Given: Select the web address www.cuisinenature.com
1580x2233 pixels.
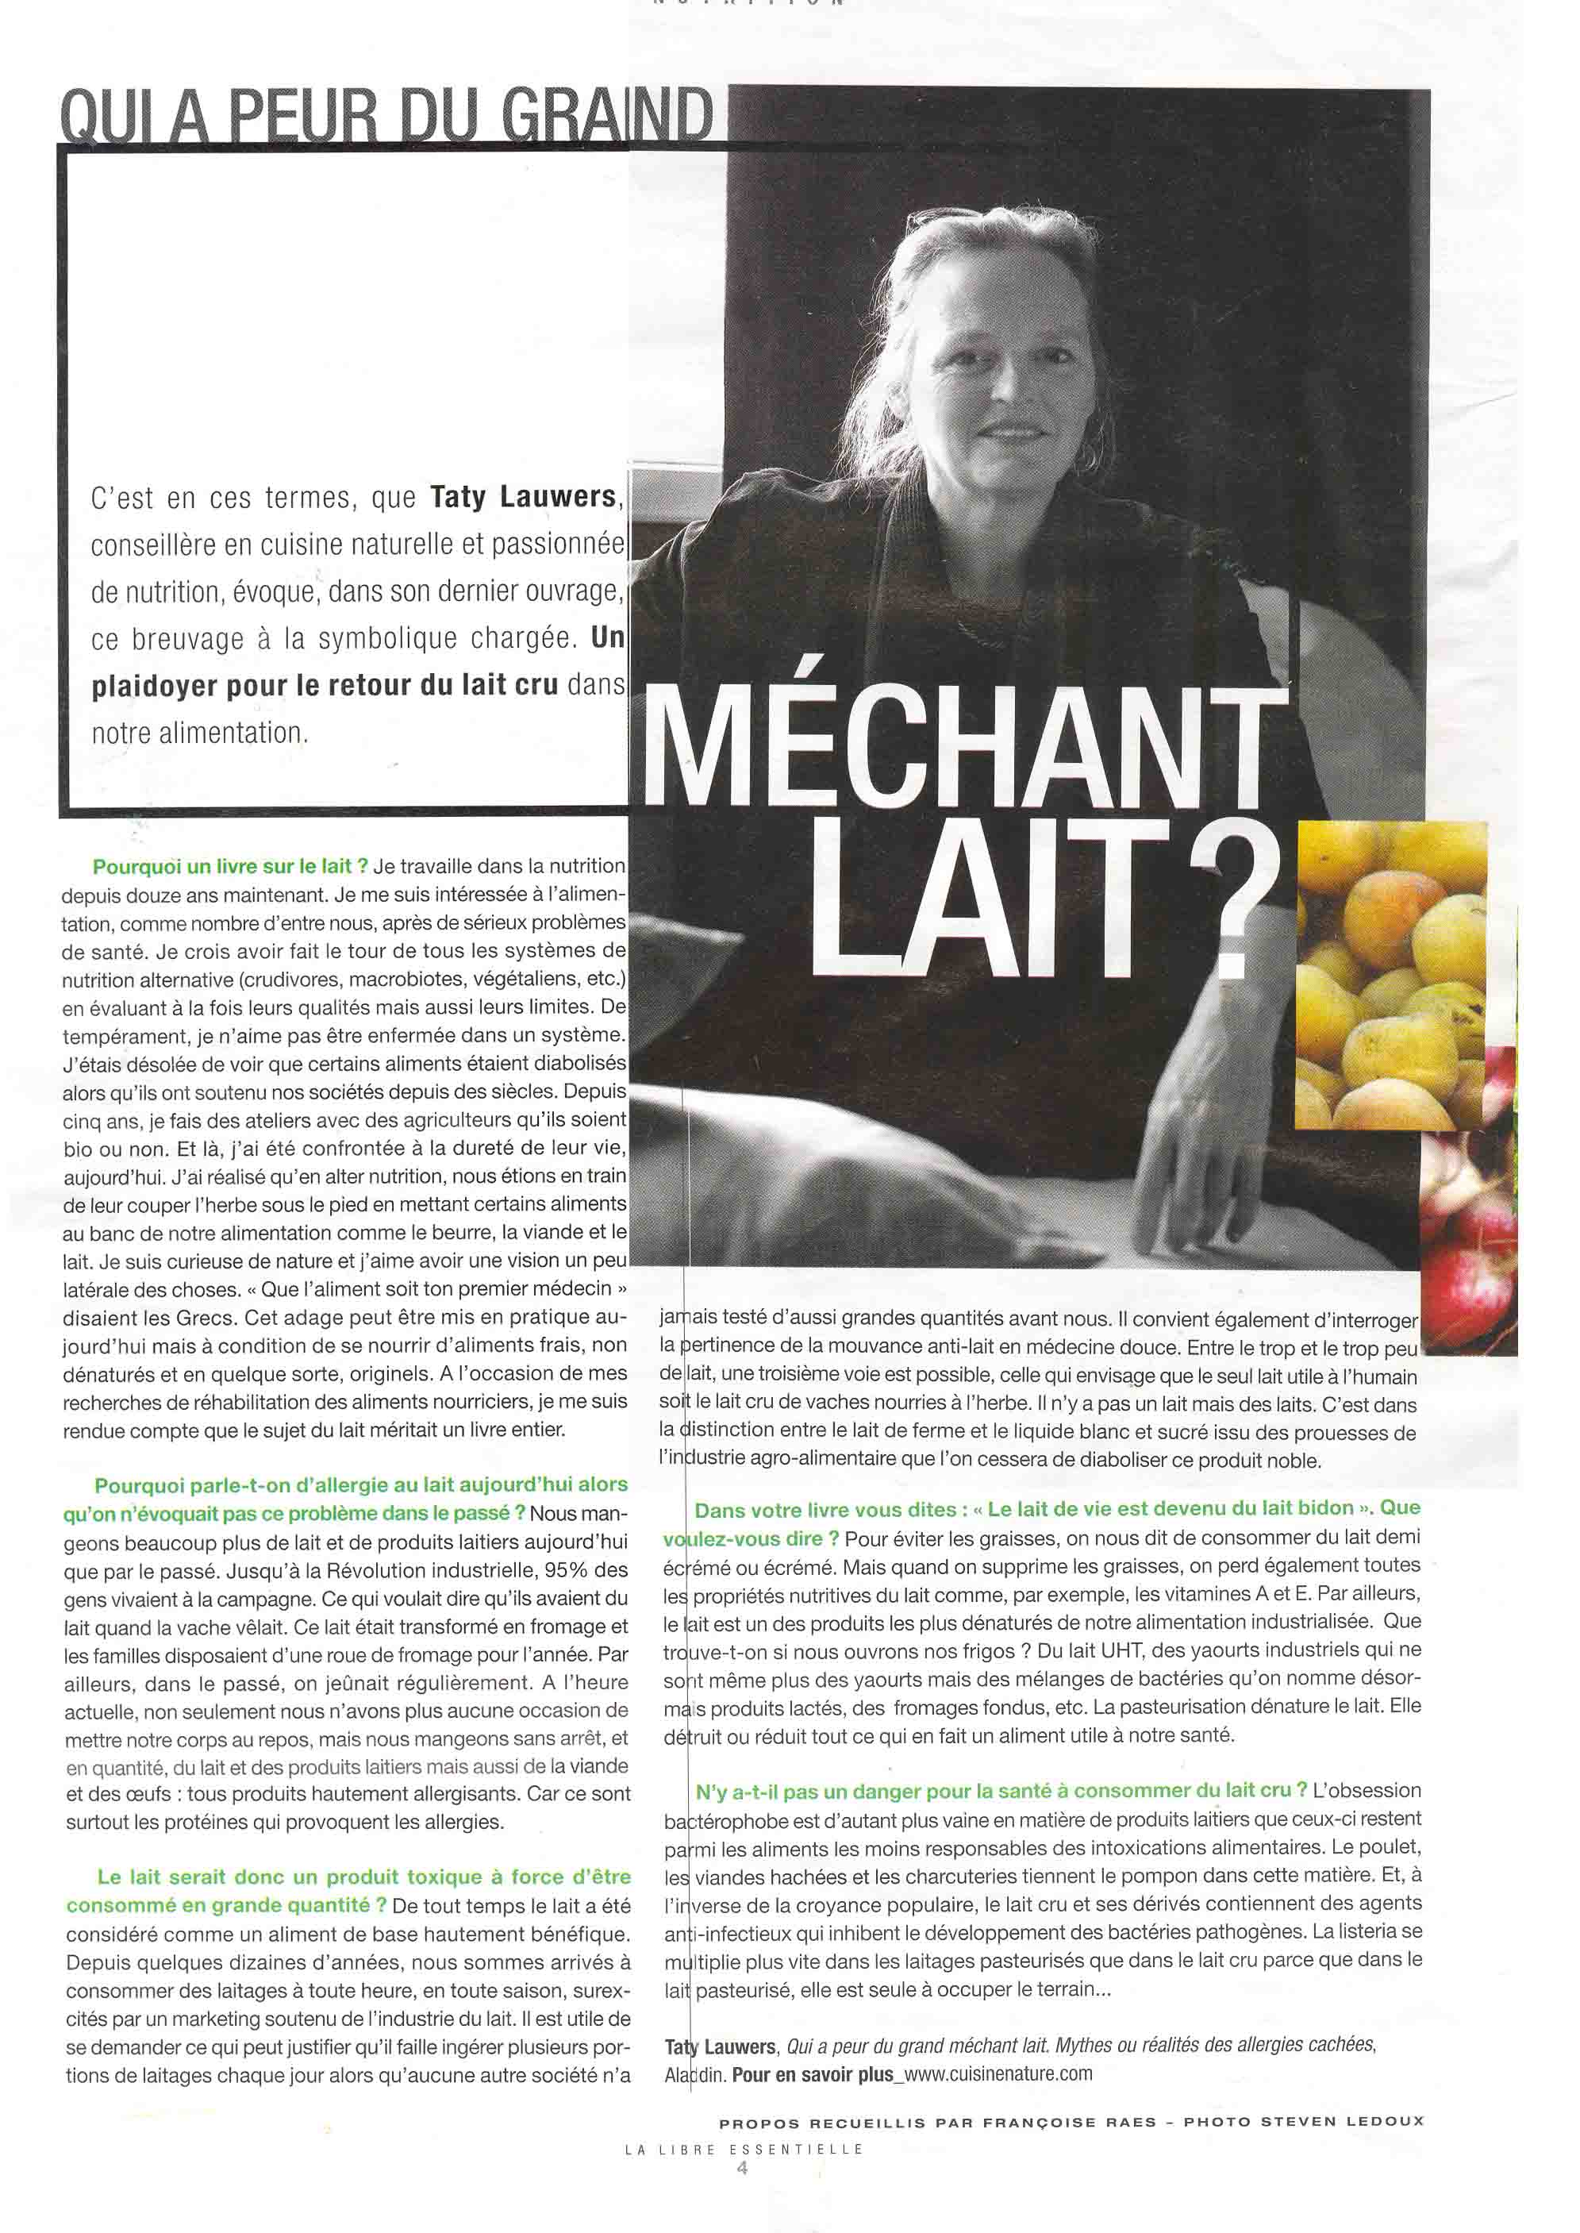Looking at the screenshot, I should pyautogui.click(x=999, y=2073).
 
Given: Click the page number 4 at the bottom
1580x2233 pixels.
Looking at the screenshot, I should pyautogui.click(x=742, y=2167).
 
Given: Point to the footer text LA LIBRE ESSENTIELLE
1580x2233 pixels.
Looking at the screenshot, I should pyautogui.click(x=744, y=2148).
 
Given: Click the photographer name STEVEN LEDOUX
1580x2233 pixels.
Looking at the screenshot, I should pyautogui.click(x=1343, y=2121).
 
